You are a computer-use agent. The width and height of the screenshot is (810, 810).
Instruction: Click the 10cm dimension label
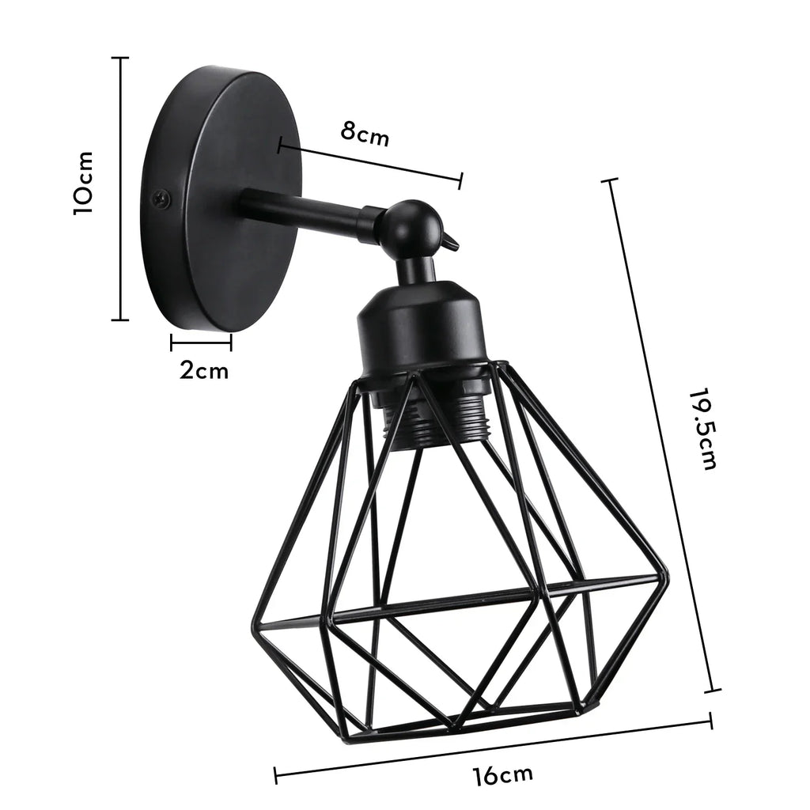click(84, 184)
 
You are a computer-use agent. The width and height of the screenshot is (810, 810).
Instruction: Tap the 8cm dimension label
click(365, 133)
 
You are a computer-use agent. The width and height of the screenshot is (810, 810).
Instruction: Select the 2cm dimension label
click(203, 370)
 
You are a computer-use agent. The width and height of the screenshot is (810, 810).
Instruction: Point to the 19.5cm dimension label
click(702, 429)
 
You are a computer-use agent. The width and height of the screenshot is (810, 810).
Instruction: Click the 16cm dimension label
click(504, 775)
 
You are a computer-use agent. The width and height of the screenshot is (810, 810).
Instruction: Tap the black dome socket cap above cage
click(419, 324)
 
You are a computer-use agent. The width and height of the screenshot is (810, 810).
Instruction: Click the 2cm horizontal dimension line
click(201, 343)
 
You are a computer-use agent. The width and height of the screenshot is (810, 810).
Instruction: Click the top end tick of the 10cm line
click(120, 58)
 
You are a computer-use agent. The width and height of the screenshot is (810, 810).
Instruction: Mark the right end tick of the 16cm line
click(710, 720)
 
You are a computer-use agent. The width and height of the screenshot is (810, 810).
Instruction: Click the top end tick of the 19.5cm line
click(609, 181)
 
